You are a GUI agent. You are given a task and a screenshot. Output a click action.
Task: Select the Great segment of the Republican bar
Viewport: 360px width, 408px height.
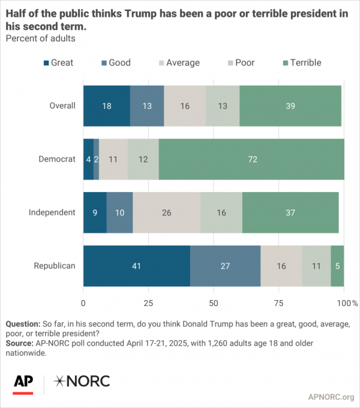136,265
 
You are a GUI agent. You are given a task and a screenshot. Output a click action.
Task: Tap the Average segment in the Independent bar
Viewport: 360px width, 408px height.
166,212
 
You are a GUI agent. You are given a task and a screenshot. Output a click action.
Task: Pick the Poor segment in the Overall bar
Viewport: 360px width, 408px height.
223,106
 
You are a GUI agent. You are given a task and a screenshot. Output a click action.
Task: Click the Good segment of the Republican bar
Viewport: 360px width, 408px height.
225,265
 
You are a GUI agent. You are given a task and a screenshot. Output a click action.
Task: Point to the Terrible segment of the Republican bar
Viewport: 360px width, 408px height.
338,265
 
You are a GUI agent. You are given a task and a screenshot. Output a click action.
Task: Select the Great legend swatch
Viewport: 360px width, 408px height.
46,62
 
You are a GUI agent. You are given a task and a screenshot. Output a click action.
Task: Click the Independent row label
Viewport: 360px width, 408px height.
53,212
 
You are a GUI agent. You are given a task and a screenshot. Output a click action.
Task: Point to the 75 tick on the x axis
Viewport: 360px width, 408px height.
279,303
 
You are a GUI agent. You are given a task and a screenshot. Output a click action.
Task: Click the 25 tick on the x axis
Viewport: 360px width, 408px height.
148,303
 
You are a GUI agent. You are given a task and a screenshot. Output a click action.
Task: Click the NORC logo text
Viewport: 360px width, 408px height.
82,381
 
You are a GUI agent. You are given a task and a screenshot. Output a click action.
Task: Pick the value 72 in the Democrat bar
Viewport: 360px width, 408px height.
251,159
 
